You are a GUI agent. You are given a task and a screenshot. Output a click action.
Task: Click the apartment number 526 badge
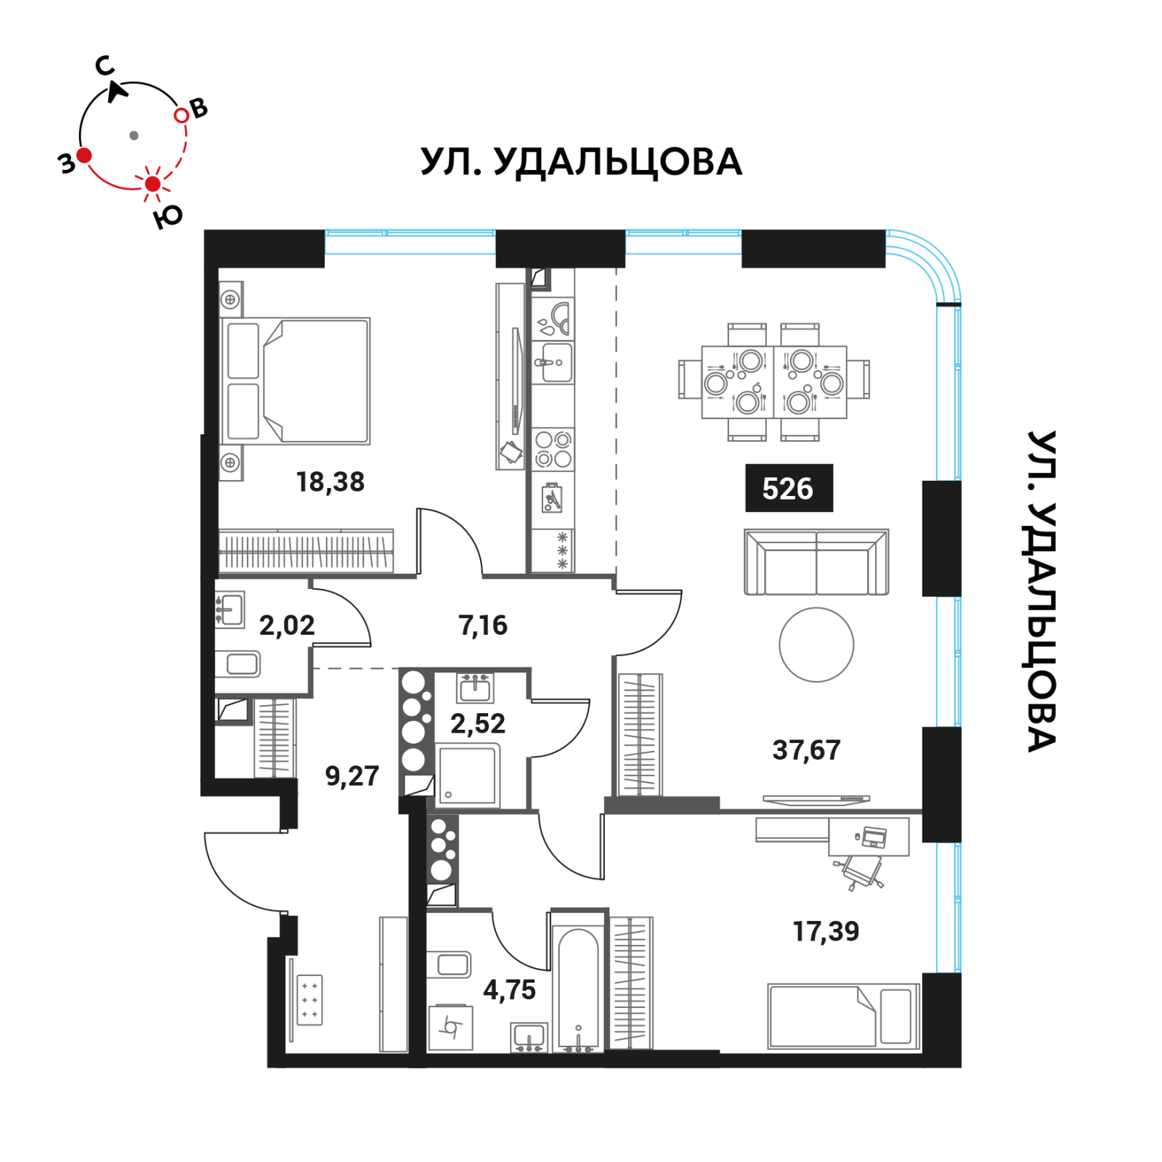tap(789, 488)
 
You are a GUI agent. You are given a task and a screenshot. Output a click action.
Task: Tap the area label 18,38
tap(330, 482)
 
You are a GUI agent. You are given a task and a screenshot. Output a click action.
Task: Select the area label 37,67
tap(806, 749)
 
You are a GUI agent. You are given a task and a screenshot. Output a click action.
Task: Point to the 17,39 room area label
tap(826, 931)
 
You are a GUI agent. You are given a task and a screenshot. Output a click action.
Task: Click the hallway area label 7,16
tap(483, 625)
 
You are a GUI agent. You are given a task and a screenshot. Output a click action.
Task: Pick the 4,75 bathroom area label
tap(509, 989)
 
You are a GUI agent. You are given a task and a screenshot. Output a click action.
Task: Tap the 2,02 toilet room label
tap(287, 625)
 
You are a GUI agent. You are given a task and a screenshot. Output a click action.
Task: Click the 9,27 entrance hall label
tap(352, 776)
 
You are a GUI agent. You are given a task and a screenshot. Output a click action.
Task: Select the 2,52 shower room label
tap(477, 723)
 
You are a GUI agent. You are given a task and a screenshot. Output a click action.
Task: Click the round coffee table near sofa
tap(816, 645)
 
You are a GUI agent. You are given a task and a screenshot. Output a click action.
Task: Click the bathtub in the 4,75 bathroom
tap(578, 988)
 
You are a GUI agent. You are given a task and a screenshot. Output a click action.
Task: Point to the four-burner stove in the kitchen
tap(553, 449)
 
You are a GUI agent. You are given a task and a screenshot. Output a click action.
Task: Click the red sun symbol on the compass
tap(153, 184)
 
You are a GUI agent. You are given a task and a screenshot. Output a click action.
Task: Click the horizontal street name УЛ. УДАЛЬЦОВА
tap(581, 161)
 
